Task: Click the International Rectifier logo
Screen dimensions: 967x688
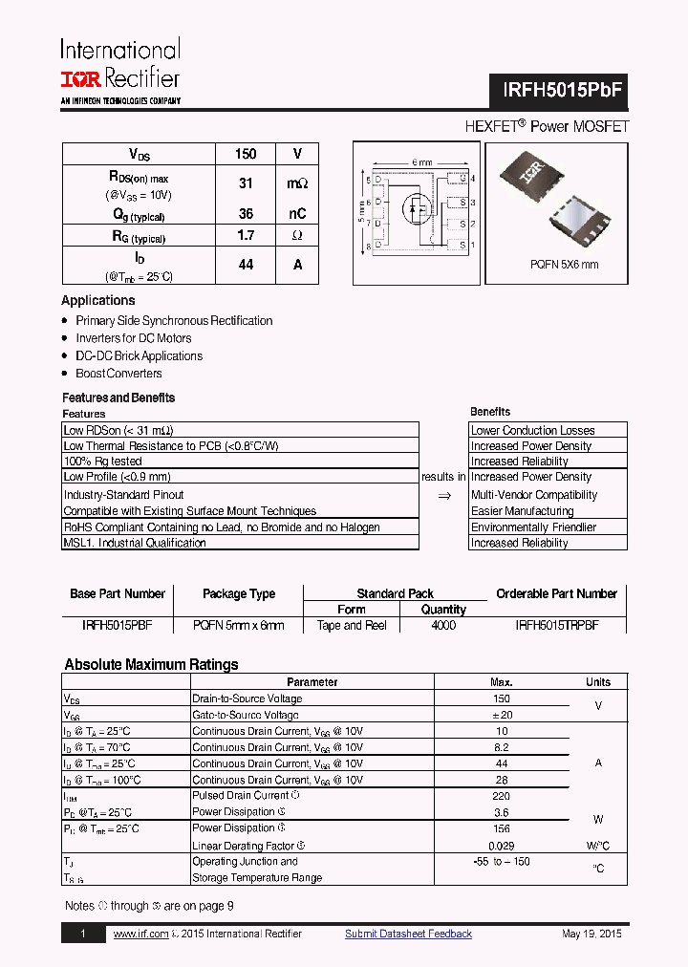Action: (x=120, y=70)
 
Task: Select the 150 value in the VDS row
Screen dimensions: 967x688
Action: (x=246, y=154)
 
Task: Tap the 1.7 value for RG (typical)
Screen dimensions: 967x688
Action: (x=246, y=235)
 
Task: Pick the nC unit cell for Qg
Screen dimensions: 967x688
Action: (x=297, y=214)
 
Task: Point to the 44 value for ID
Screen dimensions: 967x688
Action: (x=246, y=265)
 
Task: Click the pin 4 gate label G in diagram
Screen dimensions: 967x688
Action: (x=462, y=179)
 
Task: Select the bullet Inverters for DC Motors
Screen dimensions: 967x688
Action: (x=133, y=338)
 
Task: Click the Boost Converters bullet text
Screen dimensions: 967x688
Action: (x=118, y=374)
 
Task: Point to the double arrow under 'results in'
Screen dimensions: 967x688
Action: (x=443, y=496)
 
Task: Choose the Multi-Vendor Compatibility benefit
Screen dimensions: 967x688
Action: (x=533, y=495)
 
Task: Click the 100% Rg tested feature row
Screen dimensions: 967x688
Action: (x=102, y=462)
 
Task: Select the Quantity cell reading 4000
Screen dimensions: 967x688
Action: (x=443, y=625)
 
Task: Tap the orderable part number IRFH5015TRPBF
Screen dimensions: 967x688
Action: (x=556, y=625)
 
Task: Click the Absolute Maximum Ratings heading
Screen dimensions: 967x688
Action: (x=151, y=665)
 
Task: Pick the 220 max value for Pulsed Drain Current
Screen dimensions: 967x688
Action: (x=502, y=795)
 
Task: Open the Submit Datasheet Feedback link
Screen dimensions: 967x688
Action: (x=408, y=934)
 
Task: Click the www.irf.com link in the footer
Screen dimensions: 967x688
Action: (x=140, y=934)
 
